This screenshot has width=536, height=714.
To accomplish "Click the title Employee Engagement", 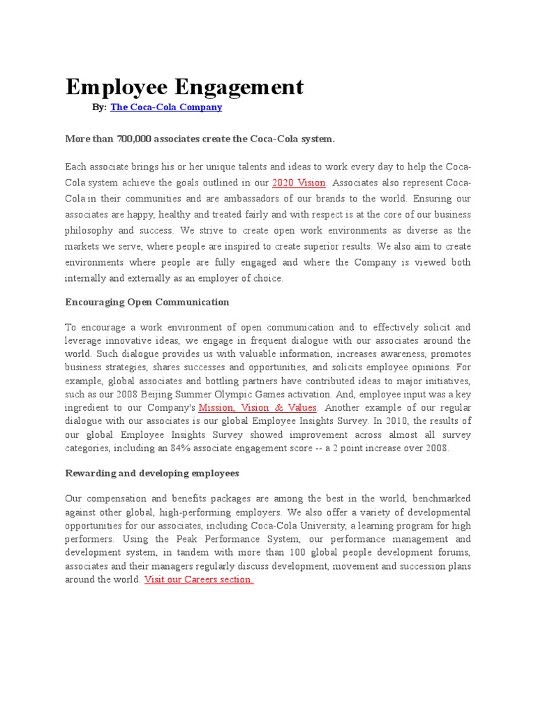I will point(184,87).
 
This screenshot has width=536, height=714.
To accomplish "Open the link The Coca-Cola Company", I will point(166,107).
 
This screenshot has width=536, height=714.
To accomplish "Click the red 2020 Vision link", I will point(299,183).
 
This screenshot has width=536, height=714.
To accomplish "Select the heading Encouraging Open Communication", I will point(147,302).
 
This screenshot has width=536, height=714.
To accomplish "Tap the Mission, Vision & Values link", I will point(258,407).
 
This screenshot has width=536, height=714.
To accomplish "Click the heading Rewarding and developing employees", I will point(151,473).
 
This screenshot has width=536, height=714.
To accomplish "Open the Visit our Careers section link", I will point(199,579).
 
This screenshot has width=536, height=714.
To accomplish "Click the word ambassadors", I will point(262,199).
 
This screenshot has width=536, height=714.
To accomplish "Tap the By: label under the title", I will point(100,107).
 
